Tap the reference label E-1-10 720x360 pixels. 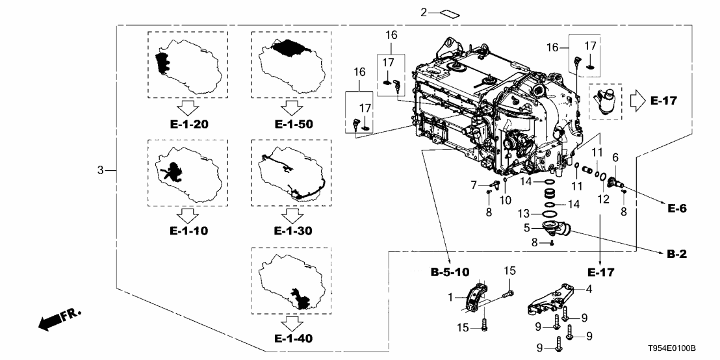tap(187, 231)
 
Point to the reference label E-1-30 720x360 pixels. tap(290, 231)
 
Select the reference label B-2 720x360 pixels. tap(681, 257)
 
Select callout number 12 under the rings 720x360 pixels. tap(603, 198)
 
